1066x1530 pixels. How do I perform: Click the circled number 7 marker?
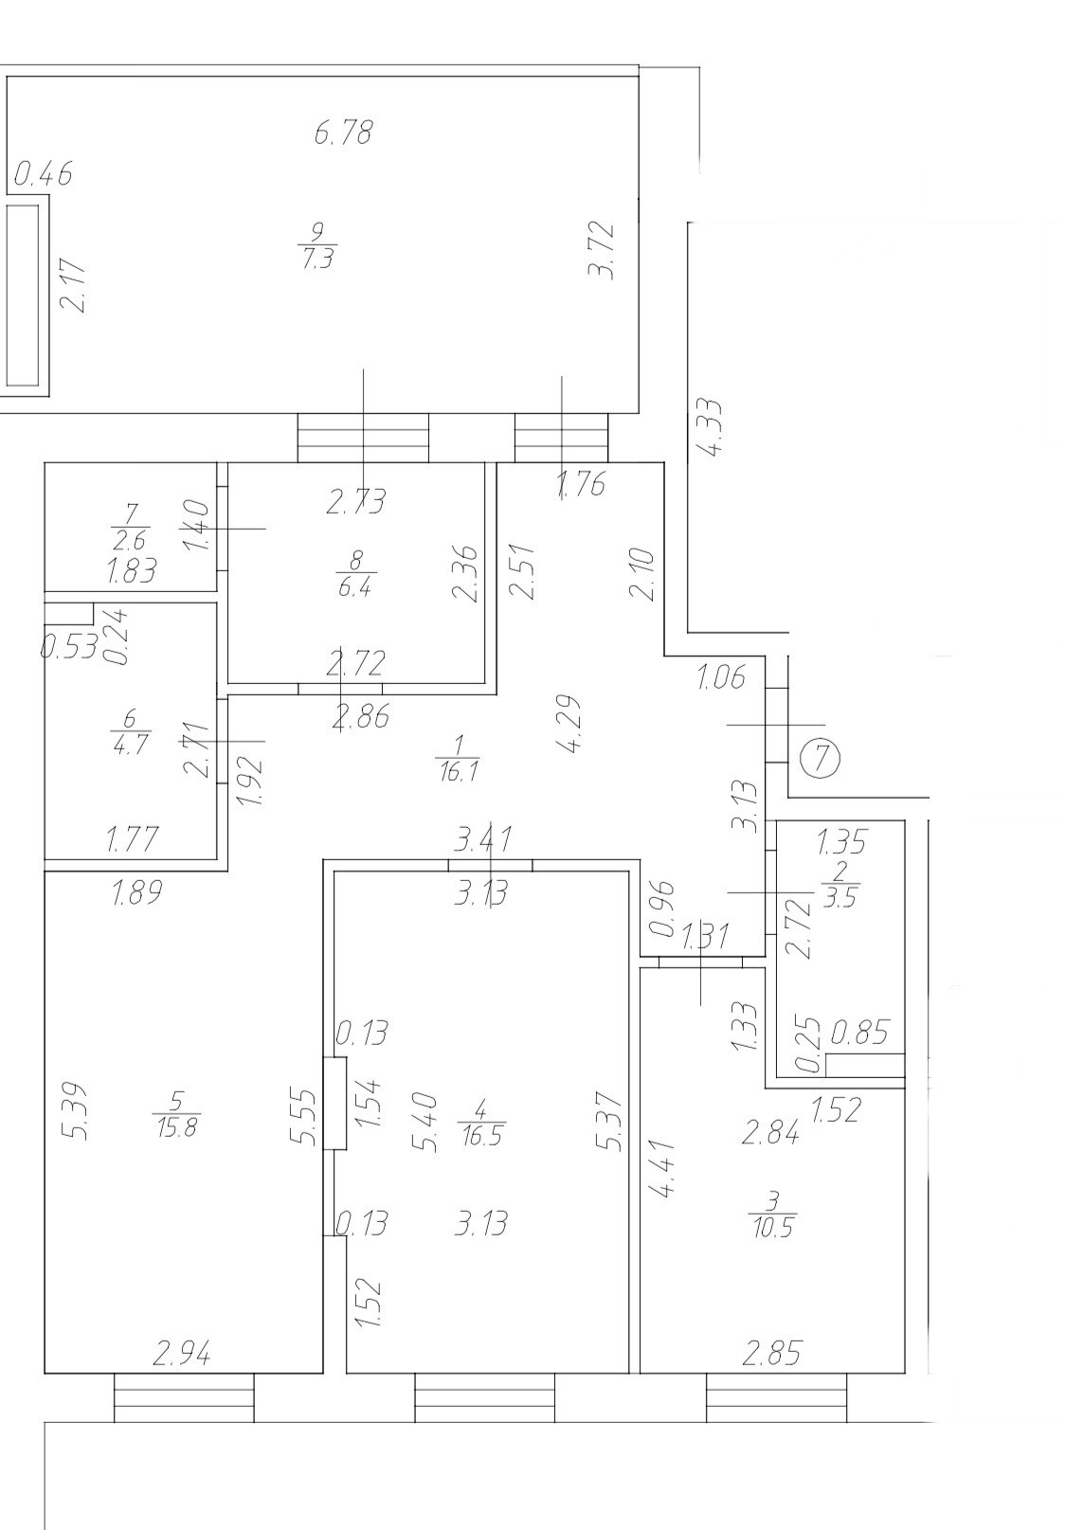pos(821,758)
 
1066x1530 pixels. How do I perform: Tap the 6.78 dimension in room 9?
pos(343,132)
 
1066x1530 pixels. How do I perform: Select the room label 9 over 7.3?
pos(317,244)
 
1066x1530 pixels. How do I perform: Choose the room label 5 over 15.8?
pos(176,1114)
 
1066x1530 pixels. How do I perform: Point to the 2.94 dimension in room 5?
pos(182,1354)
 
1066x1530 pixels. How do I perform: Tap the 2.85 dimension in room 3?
pos(771,1354)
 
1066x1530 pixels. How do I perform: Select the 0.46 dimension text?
pos(44,174)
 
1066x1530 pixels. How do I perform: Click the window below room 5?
pos(184,1397)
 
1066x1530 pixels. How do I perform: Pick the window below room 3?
pos(776,1397)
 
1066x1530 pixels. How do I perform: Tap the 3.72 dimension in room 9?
pos(602,249)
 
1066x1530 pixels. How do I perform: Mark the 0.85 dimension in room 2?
pos(859,1032)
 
